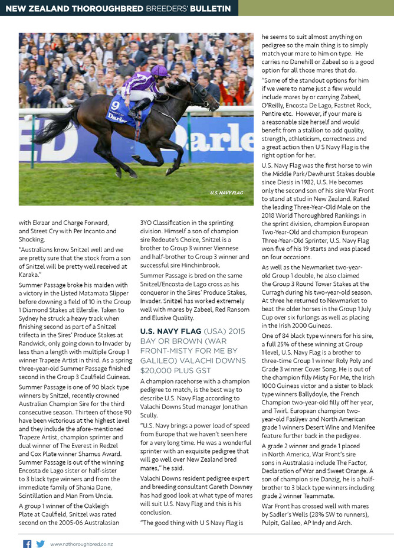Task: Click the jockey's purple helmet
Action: tap(159, 71)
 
